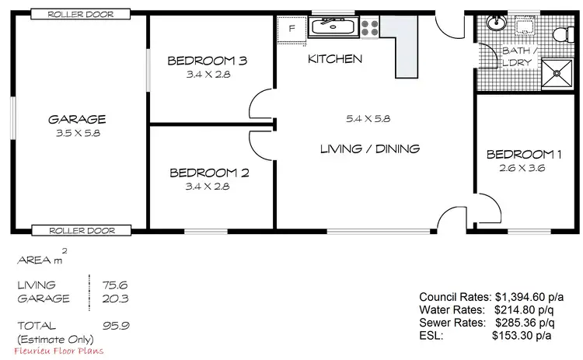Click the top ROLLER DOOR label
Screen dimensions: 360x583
80,14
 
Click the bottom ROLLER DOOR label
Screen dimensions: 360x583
80,230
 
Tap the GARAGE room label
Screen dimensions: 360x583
77,120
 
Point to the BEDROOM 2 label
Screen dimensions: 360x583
209,173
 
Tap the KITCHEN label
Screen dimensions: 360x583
335,59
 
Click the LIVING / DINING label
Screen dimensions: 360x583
370,149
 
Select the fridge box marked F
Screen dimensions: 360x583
291,28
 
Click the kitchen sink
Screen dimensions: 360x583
332,28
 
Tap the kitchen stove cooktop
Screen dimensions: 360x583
368,28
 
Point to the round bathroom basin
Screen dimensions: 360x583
493,22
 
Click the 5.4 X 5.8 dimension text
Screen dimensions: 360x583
368,119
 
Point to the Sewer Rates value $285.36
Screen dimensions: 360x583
525,322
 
